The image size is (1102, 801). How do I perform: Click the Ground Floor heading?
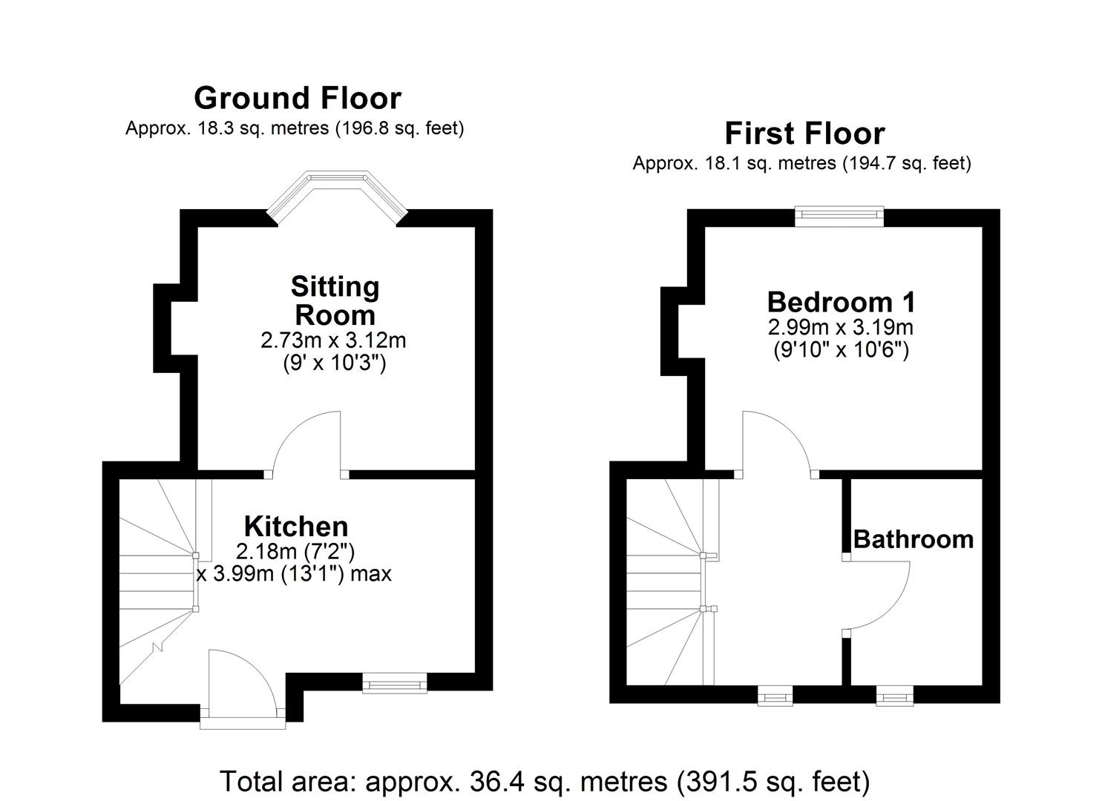297,98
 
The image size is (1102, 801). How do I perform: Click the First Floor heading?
804,133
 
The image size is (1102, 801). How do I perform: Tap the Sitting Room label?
335,300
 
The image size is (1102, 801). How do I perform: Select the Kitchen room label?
296,526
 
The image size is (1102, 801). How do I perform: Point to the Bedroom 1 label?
841,302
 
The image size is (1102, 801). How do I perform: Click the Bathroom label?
914,538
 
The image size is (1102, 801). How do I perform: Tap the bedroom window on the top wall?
839,216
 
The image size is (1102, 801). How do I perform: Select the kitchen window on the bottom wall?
394,682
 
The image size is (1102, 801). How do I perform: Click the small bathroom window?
894,696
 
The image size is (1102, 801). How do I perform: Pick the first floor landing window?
775,696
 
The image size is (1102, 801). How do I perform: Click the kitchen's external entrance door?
242,686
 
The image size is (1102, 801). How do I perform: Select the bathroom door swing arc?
883,597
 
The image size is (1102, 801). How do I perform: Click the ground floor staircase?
158,578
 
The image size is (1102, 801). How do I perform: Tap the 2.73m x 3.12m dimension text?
333,340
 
